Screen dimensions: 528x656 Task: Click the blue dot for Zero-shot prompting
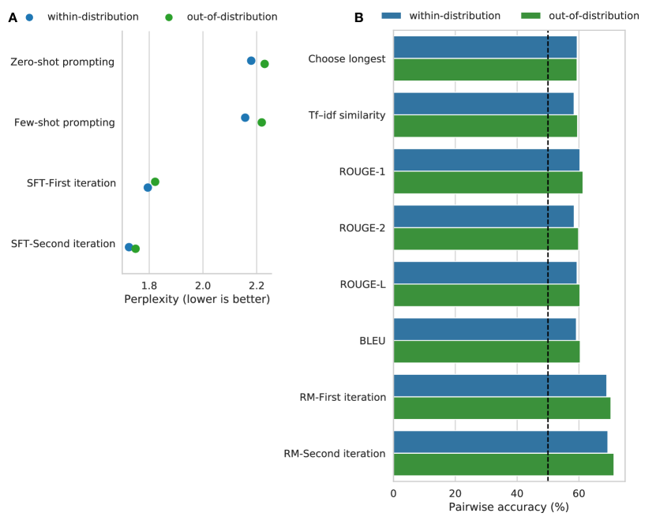point(251,61)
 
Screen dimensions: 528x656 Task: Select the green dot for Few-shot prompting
point(261,122)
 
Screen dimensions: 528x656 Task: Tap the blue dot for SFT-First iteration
point(148,188)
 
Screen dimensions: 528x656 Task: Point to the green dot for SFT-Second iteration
point(136,249)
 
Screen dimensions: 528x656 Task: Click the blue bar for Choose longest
point(485,47)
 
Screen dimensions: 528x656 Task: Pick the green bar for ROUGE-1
point(488,182)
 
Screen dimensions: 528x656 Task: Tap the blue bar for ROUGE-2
point(483,216)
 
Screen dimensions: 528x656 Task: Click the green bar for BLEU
point(486,351)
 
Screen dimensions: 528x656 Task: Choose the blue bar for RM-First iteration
point(500,385)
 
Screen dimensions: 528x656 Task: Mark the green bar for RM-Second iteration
point(503,465)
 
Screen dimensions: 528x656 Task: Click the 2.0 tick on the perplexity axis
point(203,285)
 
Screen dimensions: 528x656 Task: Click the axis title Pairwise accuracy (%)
point(508,507)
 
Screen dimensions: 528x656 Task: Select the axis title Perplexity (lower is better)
point(197,299)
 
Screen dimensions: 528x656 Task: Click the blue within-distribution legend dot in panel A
point(29,17)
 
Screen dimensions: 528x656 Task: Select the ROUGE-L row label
point(362,284)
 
